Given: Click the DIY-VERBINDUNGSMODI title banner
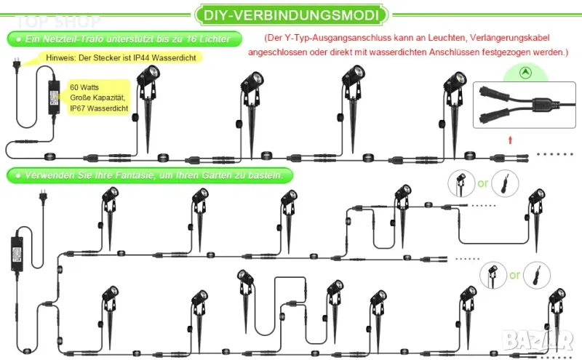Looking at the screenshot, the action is [x=292, y=15].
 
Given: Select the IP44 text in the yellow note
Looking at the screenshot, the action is [x=141, y=57].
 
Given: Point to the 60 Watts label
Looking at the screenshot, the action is [x=84, y=87].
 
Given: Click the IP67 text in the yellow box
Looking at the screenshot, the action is [x=78, y=108].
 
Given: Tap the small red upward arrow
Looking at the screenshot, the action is [x=511, y=140].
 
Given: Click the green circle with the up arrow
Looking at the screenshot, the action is [x=525, y=73].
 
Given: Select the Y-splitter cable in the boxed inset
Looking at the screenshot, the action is [x=527, y=104].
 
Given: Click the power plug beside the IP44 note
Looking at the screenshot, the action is [x=16, y=64].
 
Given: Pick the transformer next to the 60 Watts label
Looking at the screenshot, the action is [x=54, y=97].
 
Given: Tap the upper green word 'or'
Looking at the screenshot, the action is [x=483, y=183].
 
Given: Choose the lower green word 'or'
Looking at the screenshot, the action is [x=514, y=275].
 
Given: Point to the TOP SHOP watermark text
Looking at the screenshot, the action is [x=58, y=22].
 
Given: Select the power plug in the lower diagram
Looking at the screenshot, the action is [x=43, y=196].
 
